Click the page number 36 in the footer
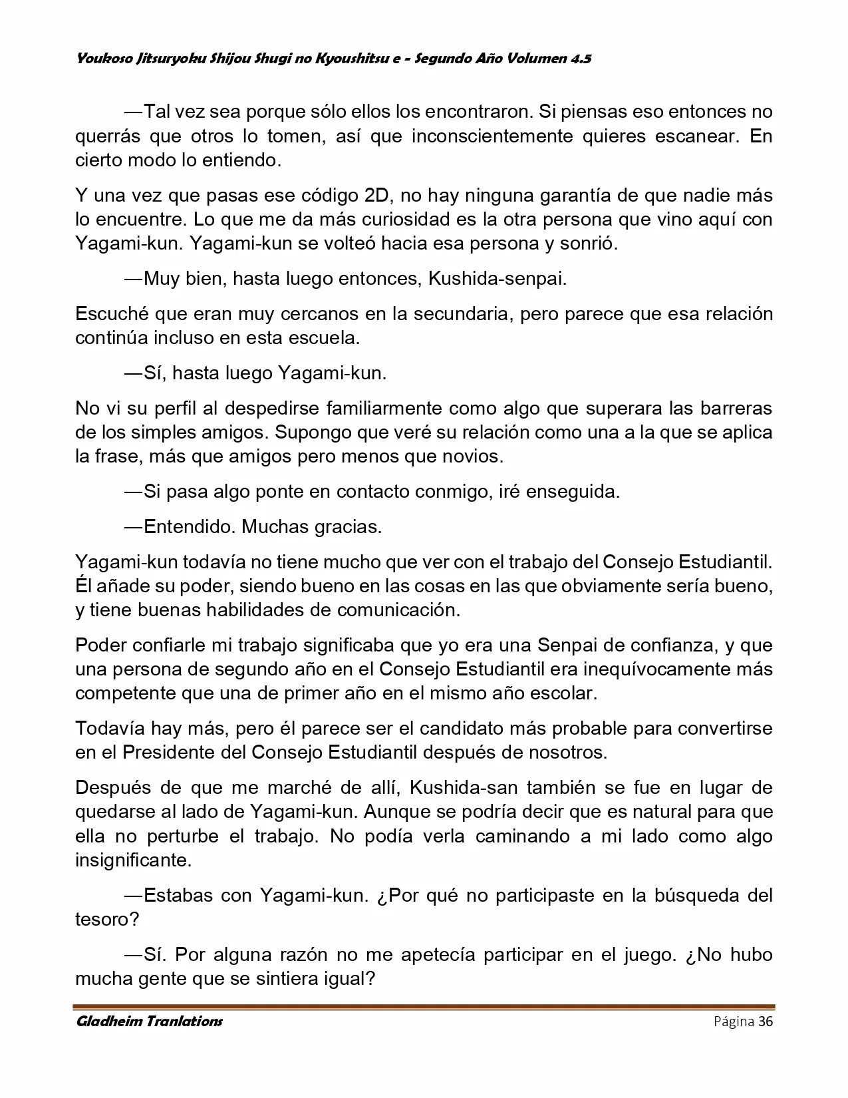pos(765,1021)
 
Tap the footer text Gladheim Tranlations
pos(149,1021)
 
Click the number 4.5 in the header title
pos(580,59)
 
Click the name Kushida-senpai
pos(497,278)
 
